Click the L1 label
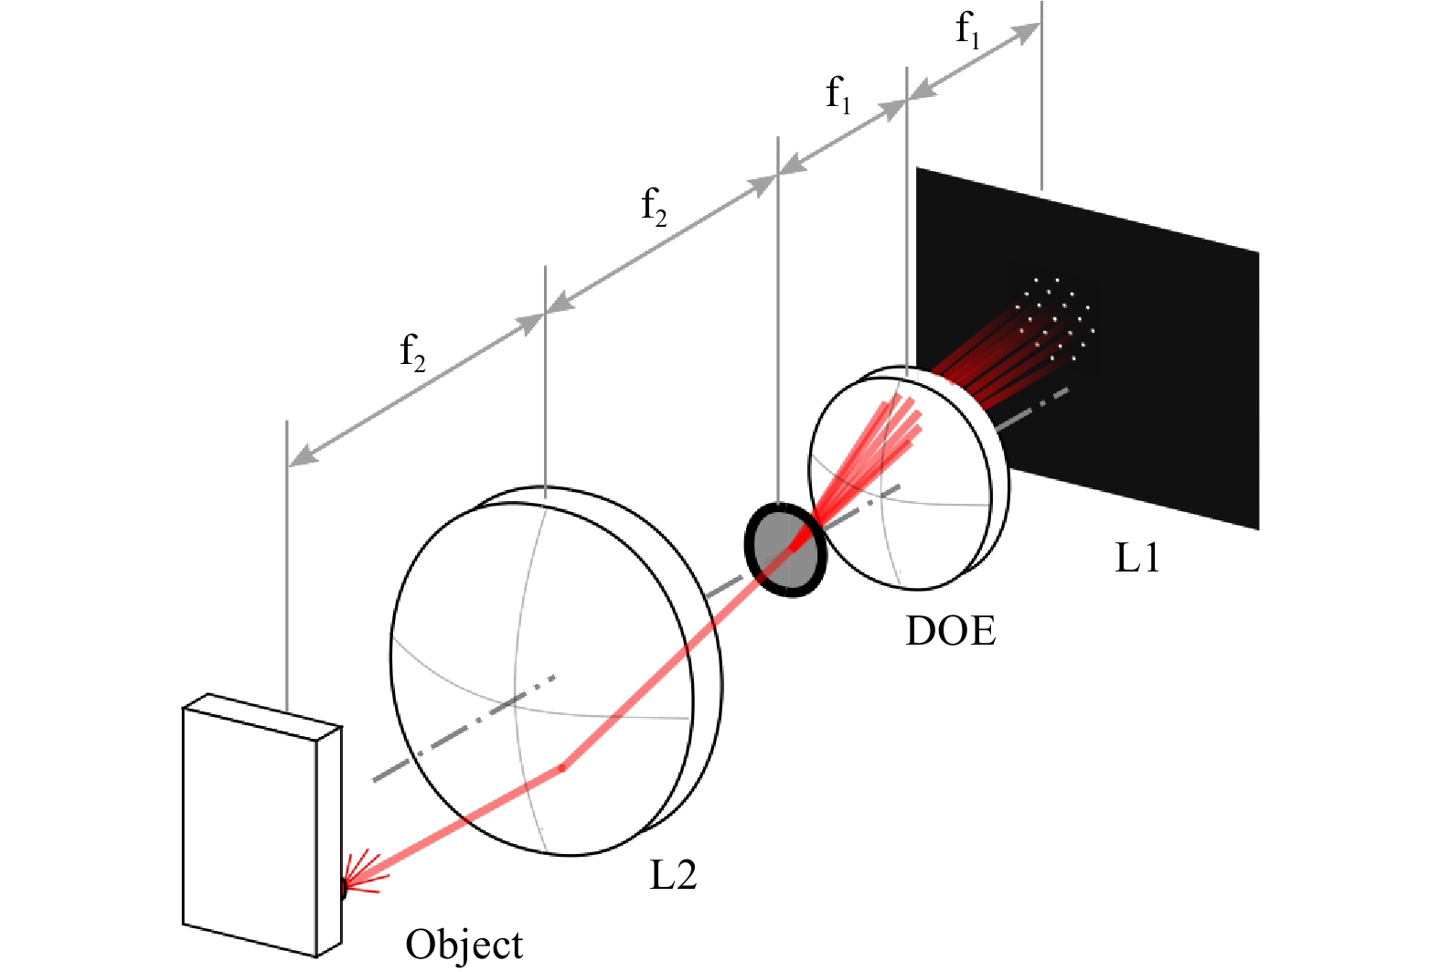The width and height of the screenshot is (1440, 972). point(1137,558)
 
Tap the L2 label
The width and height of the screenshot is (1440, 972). point(673,874)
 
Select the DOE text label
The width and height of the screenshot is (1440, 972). point(951,631)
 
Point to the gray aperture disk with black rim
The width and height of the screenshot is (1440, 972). point(785,550)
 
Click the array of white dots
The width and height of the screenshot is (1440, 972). point(1055,319)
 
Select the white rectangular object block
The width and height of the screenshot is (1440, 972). point(261,825)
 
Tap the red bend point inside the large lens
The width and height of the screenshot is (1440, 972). point(562,767)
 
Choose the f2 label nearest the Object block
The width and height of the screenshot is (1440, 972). point(412,352)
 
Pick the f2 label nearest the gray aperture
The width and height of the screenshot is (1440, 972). point(654,208)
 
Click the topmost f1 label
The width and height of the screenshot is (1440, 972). point(967,30)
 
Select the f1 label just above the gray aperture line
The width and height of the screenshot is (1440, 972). point(838,95)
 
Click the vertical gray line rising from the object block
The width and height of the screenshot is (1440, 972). point(287,566)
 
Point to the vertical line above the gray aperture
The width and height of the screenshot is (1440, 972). point(778,321)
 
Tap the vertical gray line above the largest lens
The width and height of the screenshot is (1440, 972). point(545,382)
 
